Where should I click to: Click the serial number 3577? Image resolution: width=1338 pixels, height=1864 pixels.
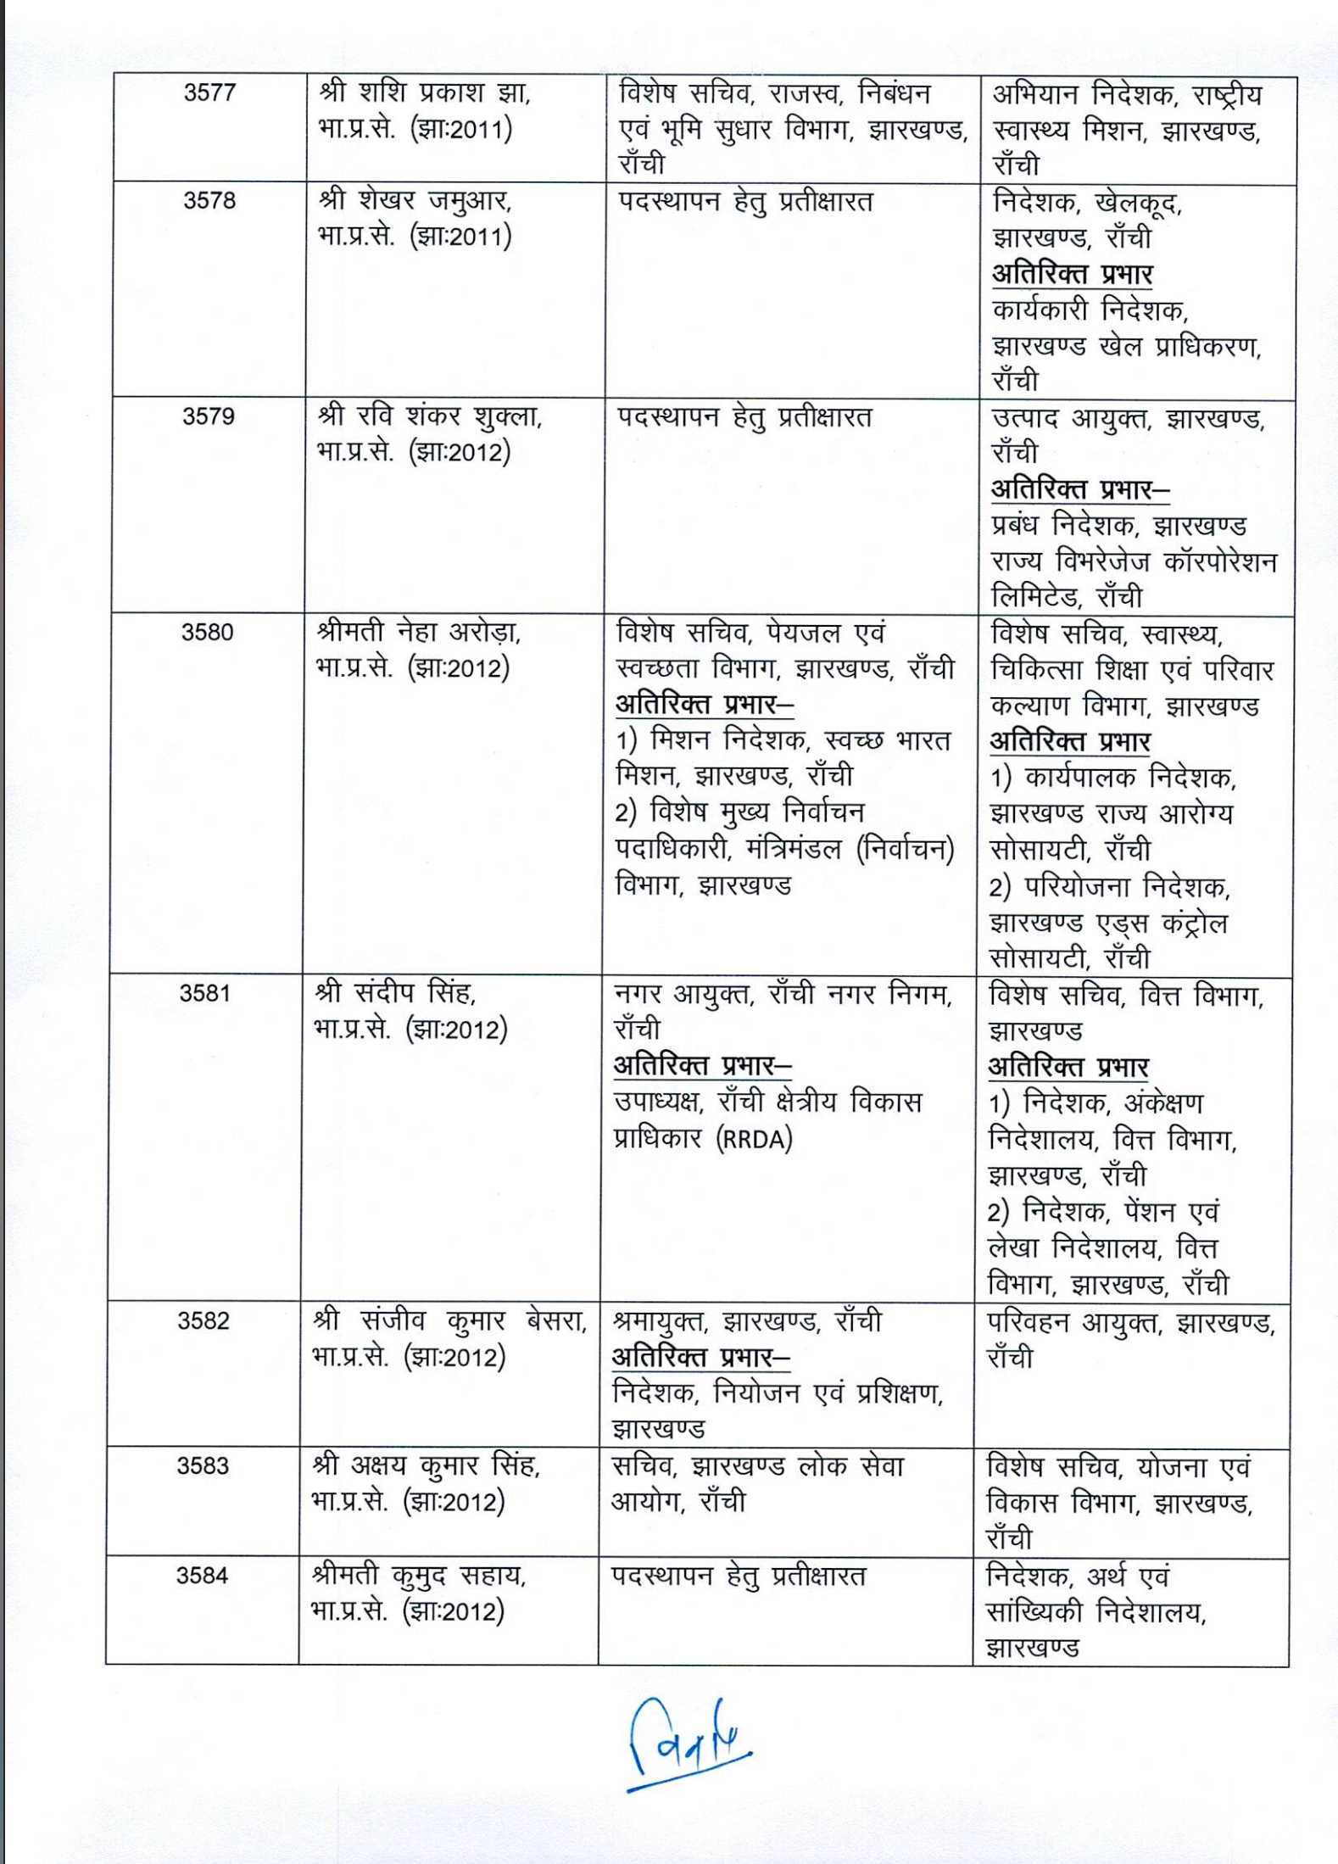(x=209, y=92)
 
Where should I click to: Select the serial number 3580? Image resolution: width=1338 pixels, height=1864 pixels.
(x=207, y=633)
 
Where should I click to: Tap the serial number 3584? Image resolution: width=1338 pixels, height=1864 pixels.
(x=202, y=1576)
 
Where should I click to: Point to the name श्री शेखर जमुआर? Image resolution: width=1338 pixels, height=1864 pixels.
(x=415, y=201)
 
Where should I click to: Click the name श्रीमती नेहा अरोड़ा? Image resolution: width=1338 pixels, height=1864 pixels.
(x=419, y=633)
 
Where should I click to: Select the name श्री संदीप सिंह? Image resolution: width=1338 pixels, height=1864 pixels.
(x=395, y=992)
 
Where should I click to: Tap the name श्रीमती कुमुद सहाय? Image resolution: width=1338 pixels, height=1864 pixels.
(x=419, y=1576)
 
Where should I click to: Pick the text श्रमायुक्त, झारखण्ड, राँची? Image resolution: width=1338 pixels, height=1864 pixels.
(x=747, y=1321)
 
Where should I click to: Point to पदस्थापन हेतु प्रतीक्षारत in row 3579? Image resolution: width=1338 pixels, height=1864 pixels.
(x=744, y=417)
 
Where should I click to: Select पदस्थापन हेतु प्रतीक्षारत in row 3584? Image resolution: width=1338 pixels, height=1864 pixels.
(x=739, y=1577)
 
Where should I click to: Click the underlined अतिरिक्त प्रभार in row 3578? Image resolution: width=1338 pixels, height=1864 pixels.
(x=1072, y=275)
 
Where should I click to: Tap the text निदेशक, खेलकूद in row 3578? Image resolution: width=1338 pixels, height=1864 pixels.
(x=1086, y=203)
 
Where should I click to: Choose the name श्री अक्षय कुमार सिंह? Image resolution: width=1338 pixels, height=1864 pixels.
(x=426, y=1466)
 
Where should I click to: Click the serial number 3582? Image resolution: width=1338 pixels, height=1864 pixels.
(x=203, y=1321)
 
